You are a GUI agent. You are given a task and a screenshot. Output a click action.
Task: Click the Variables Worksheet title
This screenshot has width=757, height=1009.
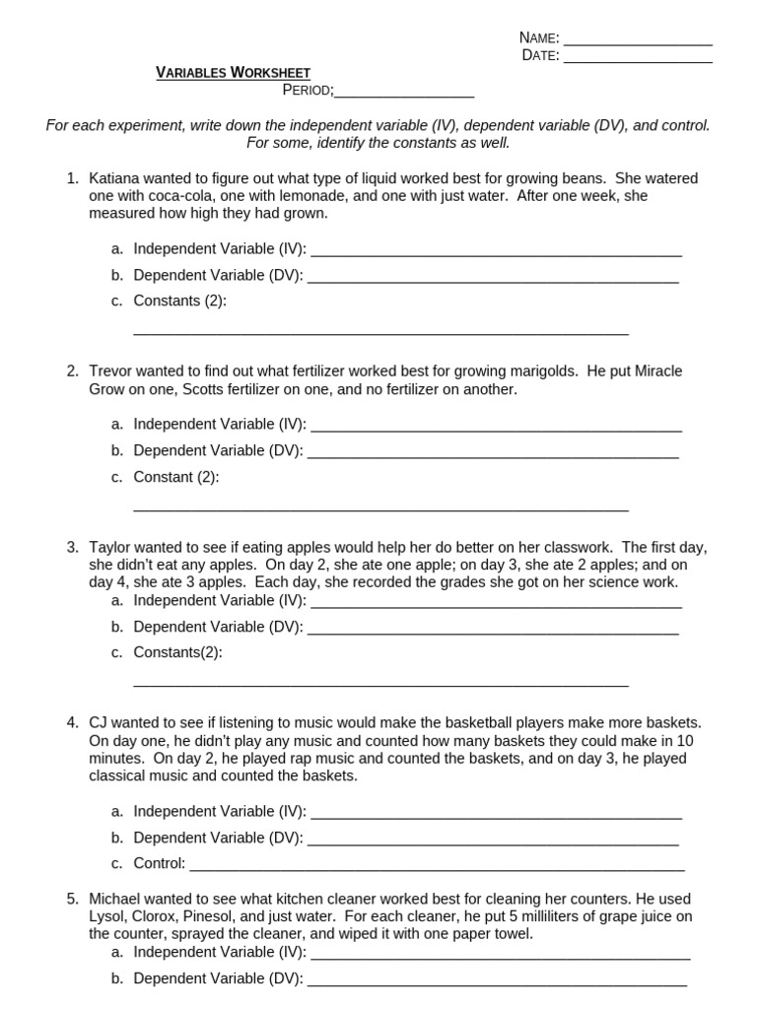coord(234,73)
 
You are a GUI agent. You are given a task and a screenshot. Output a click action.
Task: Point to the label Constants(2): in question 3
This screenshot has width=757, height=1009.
coord(178,652)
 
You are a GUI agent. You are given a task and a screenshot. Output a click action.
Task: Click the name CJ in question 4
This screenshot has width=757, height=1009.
coord(100,723)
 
